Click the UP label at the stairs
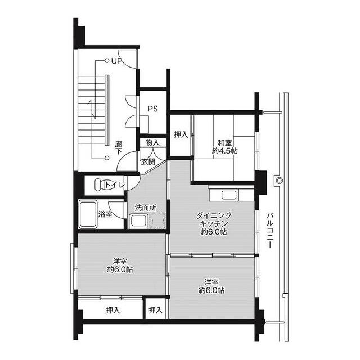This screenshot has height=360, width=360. pyautogui.click(x=117, y=61)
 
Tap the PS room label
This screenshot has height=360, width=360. pyautogui.click(x=152, y=109)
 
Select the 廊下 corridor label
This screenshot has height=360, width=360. pyautogui.click(x=119, y=147)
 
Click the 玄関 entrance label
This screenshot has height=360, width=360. pyautogui.click(x=148, y=161)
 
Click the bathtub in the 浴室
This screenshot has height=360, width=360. pyautogui.click(x=88, y=214)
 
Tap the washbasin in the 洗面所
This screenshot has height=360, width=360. pyautogui.click(x=138, y=221)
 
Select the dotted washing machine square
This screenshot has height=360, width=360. pyautogui.click(x=157, y=220)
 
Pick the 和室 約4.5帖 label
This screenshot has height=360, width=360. pyautogui.click(x=224, y=147)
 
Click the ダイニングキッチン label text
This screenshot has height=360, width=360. pyautogui.click(x=214, y=219)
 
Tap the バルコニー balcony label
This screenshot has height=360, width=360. pyautogui.click(x=270, y=230)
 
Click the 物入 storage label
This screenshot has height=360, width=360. pyautogui.click(x=152, y=142)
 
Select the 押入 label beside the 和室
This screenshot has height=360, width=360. pyautogui.click(x=181, y=134)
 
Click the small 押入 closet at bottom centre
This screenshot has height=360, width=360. pyautogui.click(x=155, y=310)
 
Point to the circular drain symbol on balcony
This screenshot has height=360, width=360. pyautogui.click(x=279, y=181)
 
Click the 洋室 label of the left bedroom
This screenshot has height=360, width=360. pyautogui.click(x=120, y=261)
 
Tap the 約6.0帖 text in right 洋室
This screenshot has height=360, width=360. pyautogui.click(x=211, y=290)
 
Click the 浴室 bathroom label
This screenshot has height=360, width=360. pyautogui.click(x=105, y=214)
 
